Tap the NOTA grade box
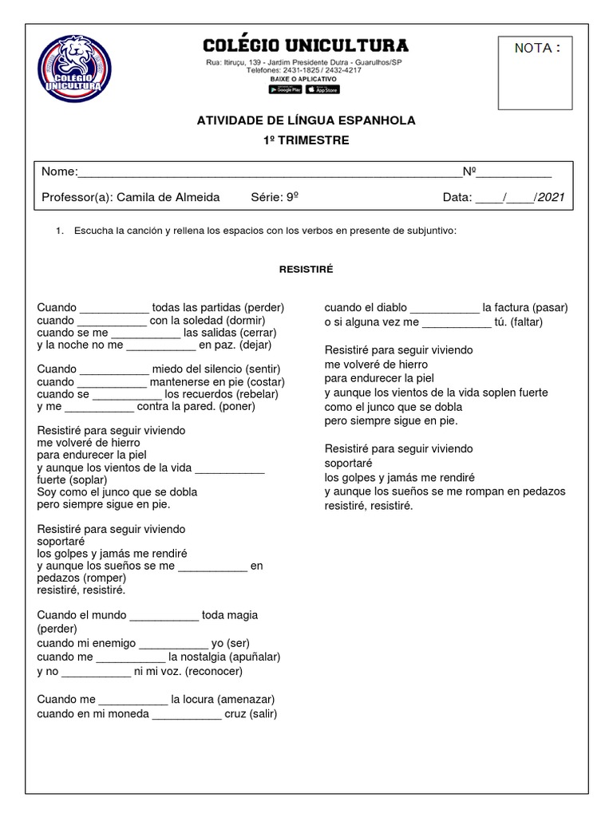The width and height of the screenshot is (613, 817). click(535, 73)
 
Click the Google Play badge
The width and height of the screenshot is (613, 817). click(285, 89)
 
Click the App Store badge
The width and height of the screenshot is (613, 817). click(322, 89)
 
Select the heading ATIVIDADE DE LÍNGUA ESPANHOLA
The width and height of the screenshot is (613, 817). click(306, 120)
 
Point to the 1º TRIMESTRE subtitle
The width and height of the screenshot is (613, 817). click(306, 140)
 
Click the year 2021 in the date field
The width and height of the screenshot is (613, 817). click(552, 198)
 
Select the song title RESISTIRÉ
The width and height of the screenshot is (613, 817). click(306, 270)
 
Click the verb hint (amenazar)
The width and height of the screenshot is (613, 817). click(246, 700)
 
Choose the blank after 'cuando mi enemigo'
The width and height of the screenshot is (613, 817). click(173, 645)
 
